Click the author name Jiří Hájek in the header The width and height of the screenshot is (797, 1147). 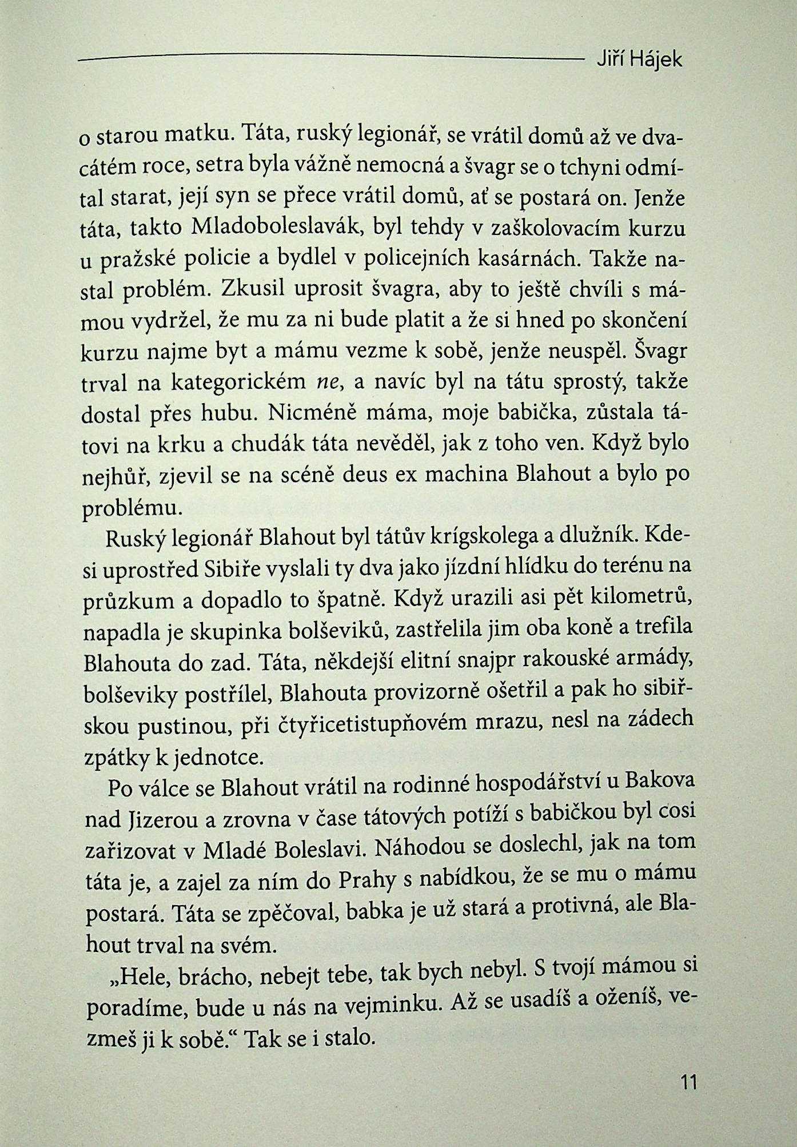click(x=639, y=60)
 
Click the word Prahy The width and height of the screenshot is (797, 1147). click(x=367, y=881)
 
